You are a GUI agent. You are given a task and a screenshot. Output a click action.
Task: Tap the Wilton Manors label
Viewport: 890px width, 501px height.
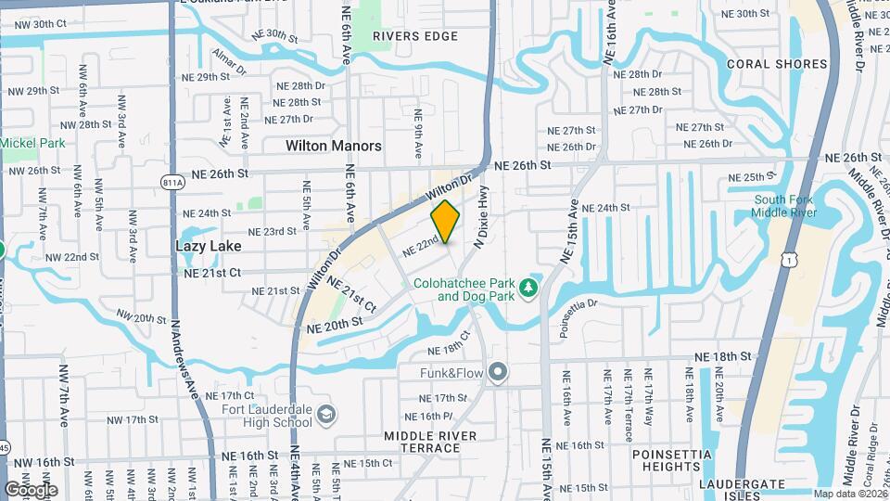[x=333, y=146]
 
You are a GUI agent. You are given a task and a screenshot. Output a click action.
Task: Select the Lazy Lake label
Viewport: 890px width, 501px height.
[x=208, y=246]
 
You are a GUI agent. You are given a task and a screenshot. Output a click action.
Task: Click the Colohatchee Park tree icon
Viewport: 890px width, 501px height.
[x=528, y=289]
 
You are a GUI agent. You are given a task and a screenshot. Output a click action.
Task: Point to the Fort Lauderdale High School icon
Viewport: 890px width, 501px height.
[x=325, y=414]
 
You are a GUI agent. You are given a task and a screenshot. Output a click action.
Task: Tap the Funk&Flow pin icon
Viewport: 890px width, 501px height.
[x=498, y=373]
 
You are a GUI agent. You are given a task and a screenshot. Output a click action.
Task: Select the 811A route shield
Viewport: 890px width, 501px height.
[x=172, y=183]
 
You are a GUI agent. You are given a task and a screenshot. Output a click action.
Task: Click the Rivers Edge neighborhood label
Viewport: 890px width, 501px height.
[x=415, y=36]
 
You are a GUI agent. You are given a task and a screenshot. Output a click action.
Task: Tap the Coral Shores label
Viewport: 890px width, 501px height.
[x=776, y=64]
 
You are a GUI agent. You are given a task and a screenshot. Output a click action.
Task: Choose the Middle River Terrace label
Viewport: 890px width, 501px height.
[x=430, y=442]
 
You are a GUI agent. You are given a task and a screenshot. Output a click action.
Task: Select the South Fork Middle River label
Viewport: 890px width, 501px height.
[x=784, y=206]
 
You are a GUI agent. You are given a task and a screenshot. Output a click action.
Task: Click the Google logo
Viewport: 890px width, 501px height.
[x=31, y=489]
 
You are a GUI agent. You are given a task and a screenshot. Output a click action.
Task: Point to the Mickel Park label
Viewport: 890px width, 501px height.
[x=32, y=143]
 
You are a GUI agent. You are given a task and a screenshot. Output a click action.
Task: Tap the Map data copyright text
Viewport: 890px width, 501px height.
[x=849, y=494]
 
